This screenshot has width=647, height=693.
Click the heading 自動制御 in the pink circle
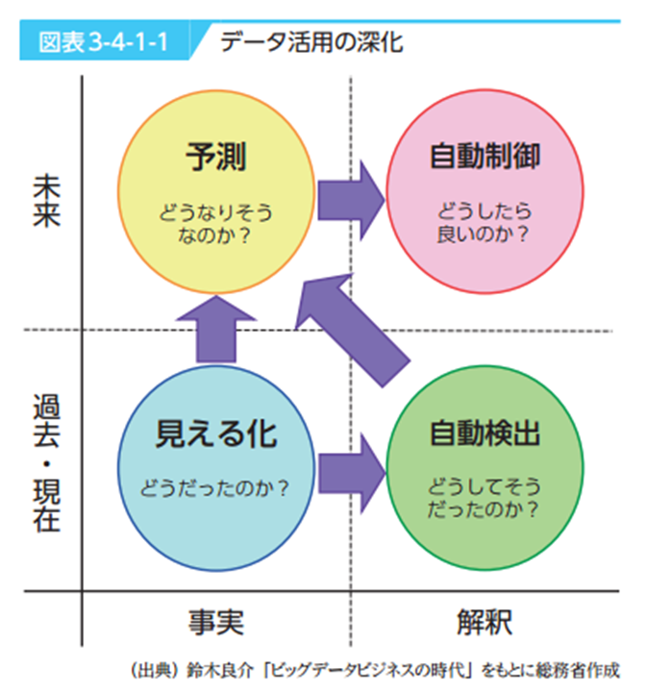(485, 155)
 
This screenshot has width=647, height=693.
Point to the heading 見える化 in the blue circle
(215, 434)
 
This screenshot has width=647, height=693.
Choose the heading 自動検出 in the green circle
(485, 434)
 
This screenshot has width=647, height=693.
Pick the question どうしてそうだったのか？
(485, 494)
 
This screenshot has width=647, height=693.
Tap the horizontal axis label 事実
(215, 621)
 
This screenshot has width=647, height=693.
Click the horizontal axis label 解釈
(485, 621)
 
